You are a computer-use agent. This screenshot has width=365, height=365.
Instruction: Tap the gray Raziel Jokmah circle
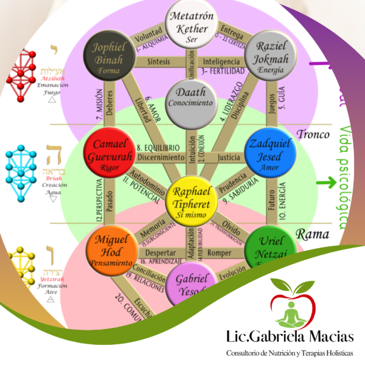[x=269, y=57]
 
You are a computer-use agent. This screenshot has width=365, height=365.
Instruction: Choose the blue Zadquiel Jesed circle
[x=269, y=151]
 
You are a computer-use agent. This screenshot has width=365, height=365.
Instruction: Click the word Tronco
[x=313, y=134]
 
